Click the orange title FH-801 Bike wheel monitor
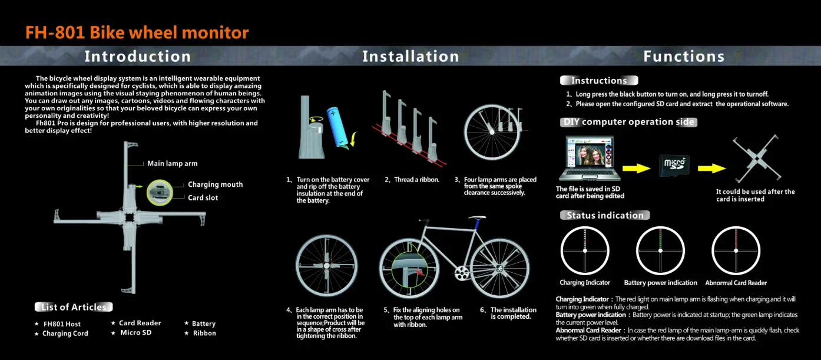point(137,32)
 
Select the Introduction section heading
point(138,57)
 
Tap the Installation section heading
point(411,57)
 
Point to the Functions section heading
point(684,57)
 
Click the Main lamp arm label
point(172,164)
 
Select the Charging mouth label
point(215,184)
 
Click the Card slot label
point(203,197)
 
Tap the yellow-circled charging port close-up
point(160,193)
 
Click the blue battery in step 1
point(337,127)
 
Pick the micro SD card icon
point(674,166)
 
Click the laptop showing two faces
point(590,158)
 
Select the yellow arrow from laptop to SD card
point(636,169)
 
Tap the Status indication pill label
point(605,215)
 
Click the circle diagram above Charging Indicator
point(585,227)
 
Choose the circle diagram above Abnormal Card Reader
point(736,227)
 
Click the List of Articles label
point(74,307)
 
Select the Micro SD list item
point(135,332)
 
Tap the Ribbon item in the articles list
point(204,333)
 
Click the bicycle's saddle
point(477,217)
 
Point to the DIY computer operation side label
point(628,122)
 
